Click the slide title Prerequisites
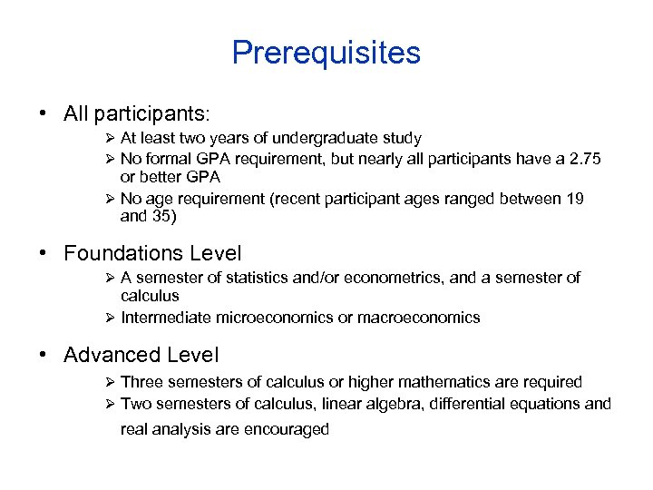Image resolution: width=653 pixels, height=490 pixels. (326, 53)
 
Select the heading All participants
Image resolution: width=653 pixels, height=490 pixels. (136, 114)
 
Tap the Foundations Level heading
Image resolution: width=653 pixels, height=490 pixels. (152, 252)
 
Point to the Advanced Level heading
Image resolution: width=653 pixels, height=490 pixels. (141, 355)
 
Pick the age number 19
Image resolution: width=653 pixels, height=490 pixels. (573, 199)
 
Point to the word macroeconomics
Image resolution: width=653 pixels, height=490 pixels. (424, 318)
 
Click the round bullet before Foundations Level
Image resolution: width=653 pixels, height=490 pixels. (44, 253)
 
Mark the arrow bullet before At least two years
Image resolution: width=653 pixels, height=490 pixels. (109, 139)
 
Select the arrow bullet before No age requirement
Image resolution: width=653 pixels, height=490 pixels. (109, 199)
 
